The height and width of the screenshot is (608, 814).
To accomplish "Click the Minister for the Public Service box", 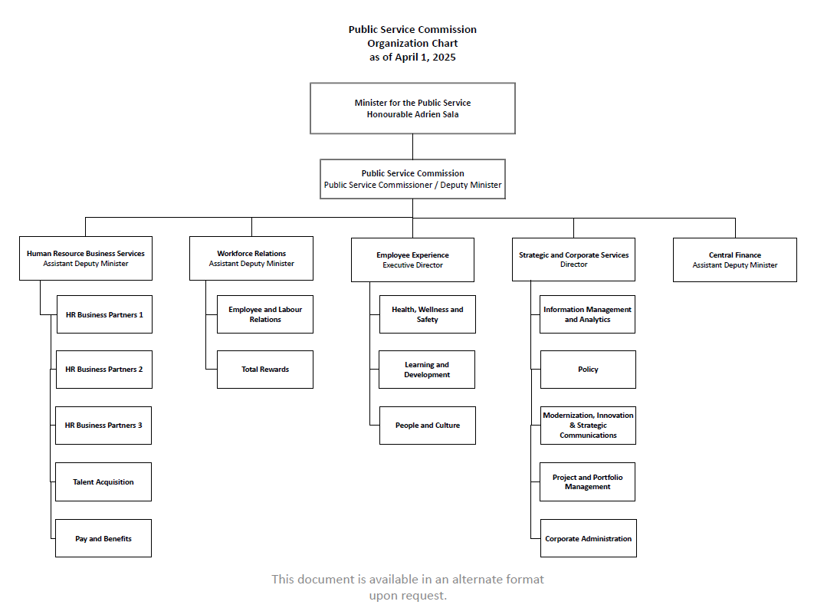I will coord(412,108).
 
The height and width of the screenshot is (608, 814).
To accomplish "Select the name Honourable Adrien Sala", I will coord(412,114).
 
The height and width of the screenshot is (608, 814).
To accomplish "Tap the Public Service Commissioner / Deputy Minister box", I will coord(412,179).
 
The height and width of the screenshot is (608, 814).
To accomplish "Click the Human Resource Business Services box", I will coord(85,258).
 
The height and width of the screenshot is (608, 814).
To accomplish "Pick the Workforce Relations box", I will coord(251,258).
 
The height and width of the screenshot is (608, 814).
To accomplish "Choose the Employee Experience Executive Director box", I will coord(412,260).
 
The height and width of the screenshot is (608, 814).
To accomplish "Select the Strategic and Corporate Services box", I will coord(573,259).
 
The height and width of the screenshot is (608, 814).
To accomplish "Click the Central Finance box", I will coord(734,260).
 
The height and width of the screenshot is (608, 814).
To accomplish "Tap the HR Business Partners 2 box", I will coord(103,370).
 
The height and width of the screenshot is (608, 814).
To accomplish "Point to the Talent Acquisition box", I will coord(103,482).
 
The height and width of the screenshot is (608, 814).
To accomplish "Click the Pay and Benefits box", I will coord(103,538).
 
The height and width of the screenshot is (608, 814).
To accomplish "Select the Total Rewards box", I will coord(265,370).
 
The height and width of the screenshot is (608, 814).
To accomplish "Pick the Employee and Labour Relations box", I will coord(265,314).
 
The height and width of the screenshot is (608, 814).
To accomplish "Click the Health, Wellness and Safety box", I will coord(427,314).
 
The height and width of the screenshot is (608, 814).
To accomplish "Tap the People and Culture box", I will coord(427,426).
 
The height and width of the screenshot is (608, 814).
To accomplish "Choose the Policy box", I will coord(588,370).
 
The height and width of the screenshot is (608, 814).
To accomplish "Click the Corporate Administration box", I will coord(588,538).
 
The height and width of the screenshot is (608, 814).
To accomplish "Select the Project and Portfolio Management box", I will coord(587,481).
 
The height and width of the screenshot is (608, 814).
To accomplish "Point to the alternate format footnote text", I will coord(407,587).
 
